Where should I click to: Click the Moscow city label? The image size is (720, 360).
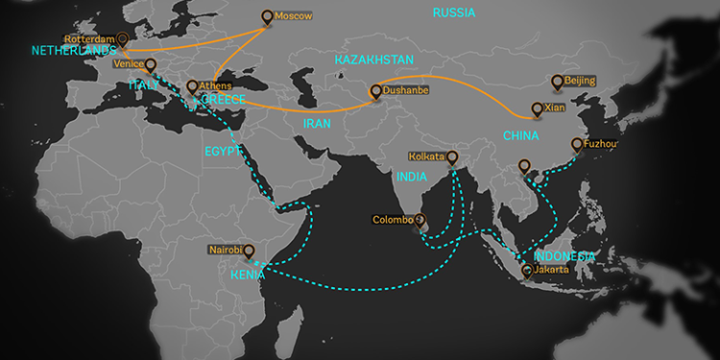(x=294, y=17)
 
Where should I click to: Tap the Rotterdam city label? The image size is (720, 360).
(x=89, y=39)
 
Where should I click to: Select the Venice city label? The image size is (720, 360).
(x=128, y=63)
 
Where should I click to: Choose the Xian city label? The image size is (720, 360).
(x=555, y=108)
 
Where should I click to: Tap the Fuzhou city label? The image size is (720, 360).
(x=597, y=145)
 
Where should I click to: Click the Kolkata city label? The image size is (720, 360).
(x=427, y=156)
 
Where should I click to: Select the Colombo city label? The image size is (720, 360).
(x=394, y=220)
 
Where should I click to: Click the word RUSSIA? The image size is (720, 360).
(x=454, y=12)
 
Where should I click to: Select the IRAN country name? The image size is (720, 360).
(x=317, y=124)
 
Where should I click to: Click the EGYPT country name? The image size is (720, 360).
(x=222, y=151)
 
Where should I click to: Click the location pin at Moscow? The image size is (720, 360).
(x=267, y=16)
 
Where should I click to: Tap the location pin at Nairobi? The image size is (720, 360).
(x=249, y=251)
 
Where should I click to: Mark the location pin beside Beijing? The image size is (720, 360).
(x=557, y=82)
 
